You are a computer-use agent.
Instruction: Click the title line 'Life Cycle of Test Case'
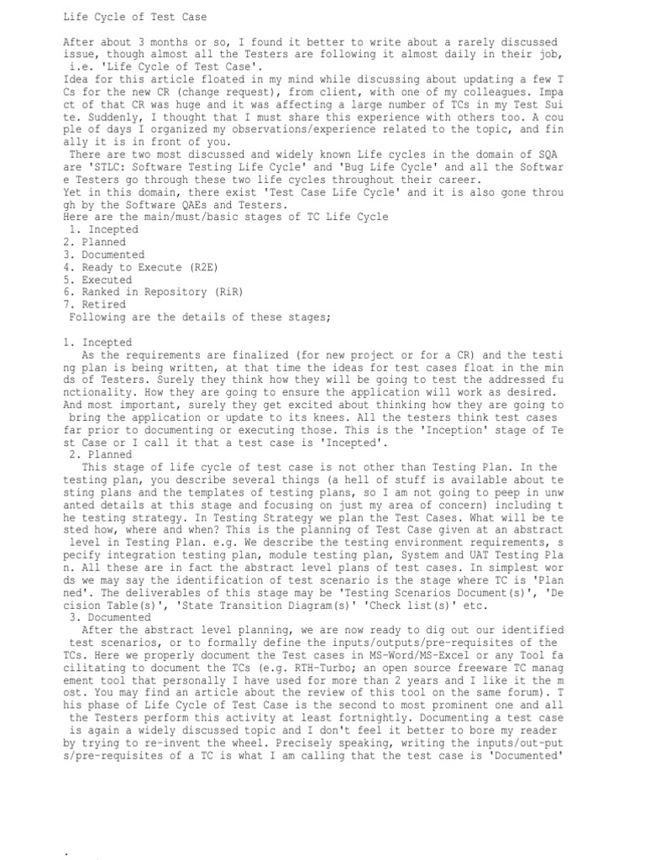click(135, 17)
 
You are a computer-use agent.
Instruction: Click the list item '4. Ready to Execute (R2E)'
click(134, 267)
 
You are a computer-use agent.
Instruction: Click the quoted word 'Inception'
click(454, 429)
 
